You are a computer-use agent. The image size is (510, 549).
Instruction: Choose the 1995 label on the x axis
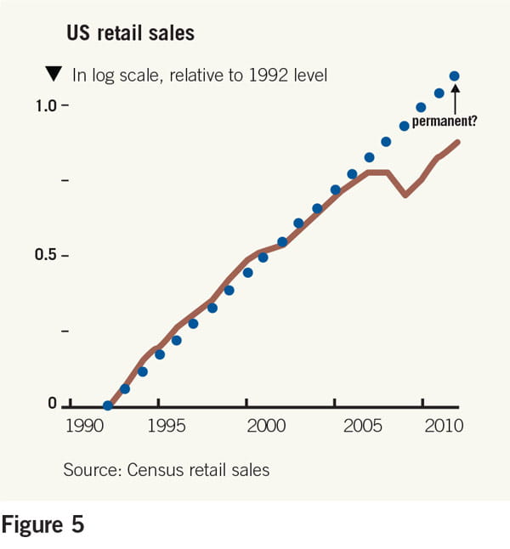159,425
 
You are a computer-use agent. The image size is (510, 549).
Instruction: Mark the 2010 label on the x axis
443,425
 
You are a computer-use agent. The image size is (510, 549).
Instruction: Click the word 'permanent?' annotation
444,122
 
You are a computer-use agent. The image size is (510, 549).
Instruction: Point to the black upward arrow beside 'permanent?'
455,100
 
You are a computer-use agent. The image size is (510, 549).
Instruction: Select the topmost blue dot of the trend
454,76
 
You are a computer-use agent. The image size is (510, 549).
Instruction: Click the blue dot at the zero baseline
107,405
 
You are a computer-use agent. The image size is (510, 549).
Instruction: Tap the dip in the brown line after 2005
405,195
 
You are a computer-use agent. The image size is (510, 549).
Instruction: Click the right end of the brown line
459,142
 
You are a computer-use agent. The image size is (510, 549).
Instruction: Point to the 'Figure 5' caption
43,524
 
